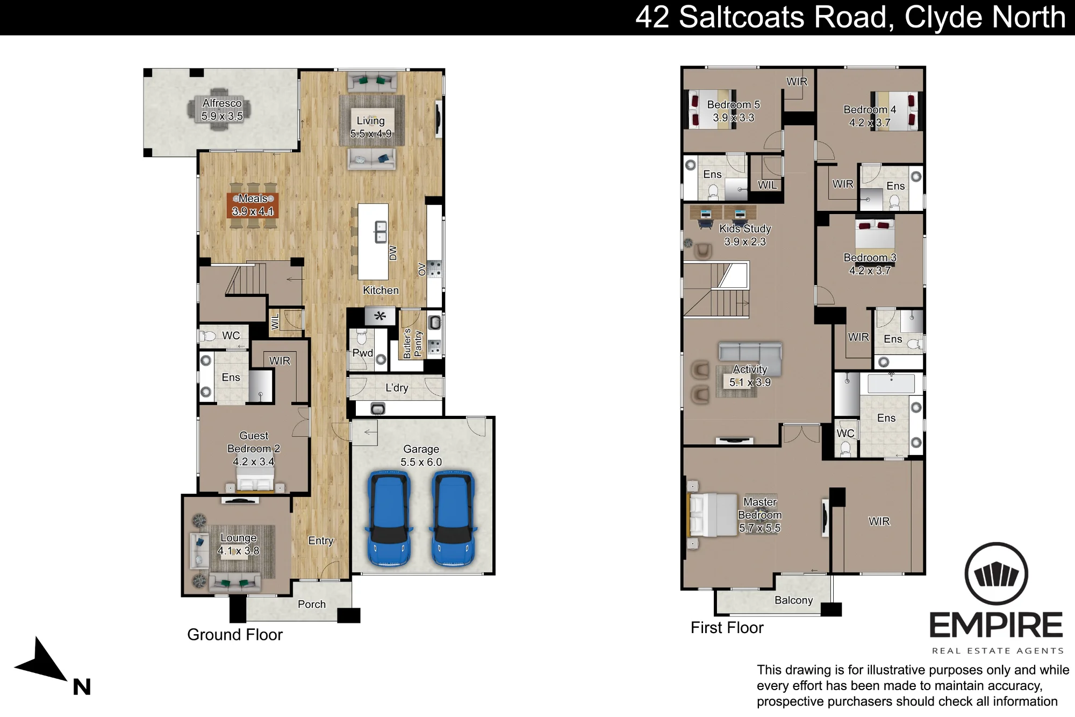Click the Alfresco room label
pos(221,103)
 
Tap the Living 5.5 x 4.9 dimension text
pos(371,133)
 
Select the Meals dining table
pos(253,205)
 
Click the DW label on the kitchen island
pos(393,253)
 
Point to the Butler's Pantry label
pos(413,343)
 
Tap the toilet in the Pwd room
pos(361,337)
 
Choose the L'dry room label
pos(397,388)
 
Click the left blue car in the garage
pos(389,519)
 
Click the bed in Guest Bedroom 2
pos(255,479)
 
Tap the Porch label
pos(312,604)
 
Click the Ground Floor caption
pos(235,635)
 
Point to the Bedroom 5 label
pos(733,104)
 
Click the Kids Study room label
pos(745,229)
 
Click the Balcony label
pos(793,600)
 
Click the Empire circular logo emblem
pos(996,574)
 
